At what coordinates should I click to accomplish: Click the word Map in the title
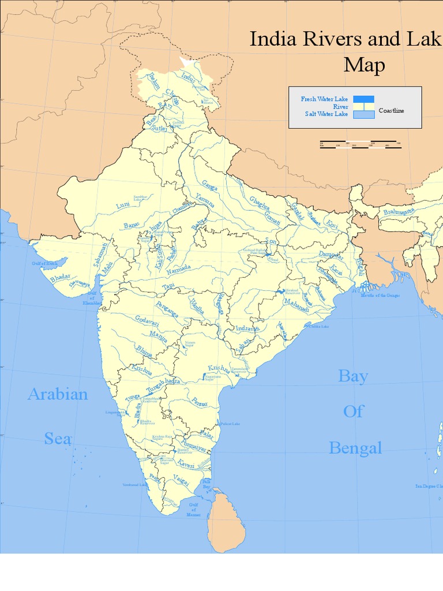(364, 65)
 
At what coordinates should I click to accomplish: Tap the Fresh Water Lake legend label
(324, 99)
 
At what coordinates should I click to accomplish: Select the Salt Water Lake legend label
(326, 114)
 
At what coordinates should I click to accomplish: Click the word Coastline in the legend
(392, 110)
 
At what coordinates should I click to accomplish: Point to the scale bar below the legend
(361, 144)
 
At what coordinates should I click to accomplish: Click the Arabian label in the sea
(58, 395)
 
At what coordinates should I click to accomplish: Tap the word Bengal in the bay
(355, 448)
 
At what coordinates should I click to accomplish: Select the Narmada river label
(179, 270)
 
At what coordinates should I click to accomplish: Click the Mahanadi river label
(296, 309)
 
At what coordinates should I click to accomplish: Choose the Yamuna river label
(205, 200)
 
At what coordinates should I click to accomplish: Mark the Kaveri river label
(186, 464)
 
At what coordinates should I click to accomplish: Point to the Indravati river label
(247, 328)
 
